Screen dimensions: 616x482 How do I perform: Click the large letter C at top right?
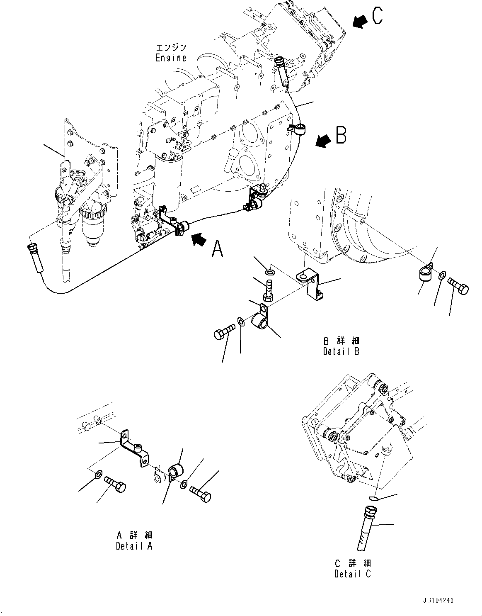point(378,16)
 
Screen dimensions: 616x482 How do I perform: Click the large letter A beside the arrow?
point(218,249)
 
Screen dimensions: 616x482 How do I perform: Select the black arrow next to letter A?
point(198,239)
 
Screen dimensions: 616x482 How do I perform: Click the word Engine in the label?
point(171,58)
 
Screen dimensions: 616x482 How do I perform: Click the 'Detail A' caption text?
point(134,546)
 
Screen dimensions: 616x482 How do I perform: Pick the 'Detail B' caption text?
point(341,351)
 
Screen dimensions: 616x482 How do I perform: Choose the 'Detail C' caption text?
point(353,574)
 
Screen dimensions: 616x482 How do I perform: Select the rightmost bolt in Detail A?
point(201,493)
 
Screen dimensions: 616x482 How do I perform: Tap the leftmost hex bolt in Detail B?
point(224,334)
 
